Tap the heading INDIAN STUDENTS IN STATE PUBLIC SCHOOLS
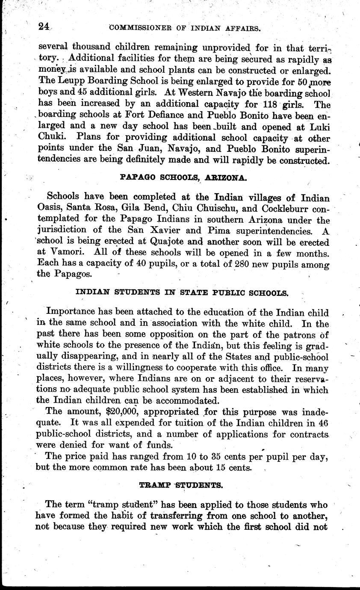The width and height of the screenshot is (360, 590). click(x=182, y=293)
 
